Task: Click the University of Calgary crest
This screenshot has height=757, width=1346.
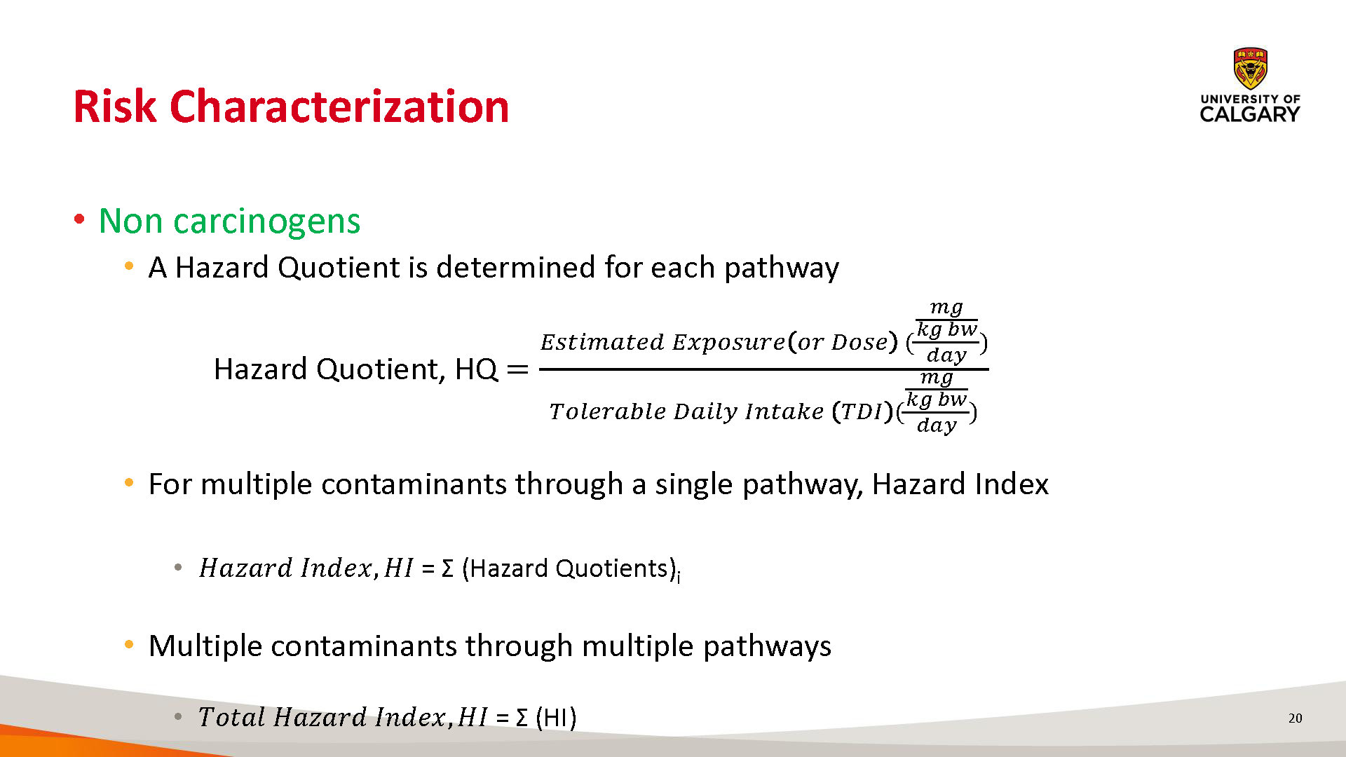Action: [x=1250, y=69]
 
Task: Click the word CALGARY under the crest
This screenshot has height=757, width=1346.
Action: [x=1250, y=114]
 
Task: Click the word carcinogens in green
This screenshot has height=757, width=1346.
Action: [x=267, y=222]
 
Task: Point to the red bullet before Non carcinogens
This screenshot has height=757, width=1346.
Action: [x=79, y=219]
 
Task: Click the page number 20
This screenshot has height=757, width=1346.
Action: [x=1296, y=718]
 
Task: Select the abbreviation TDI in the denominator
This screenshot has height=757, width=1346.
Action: [x=861, y=411]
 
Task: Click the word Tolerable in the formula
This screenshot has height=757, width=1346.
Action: [x=608, y=411]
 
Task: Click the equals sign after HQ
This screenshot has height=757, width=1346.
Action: [x=517, y=369]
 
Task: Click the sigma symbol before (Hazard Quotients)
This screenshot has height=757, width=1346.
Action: [x=448, y=568]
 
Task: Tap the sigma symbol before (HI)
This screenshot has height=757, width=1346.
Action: [x=522, y=718]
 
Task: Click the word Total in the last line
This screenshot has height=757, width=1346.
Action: [x=231, y=717]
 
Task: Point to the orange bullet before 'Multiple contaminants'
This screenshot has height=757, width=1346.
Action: [x=129, y=644]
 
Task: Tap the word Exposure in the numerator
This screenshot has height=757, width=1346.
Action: [x=728, y=343]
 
